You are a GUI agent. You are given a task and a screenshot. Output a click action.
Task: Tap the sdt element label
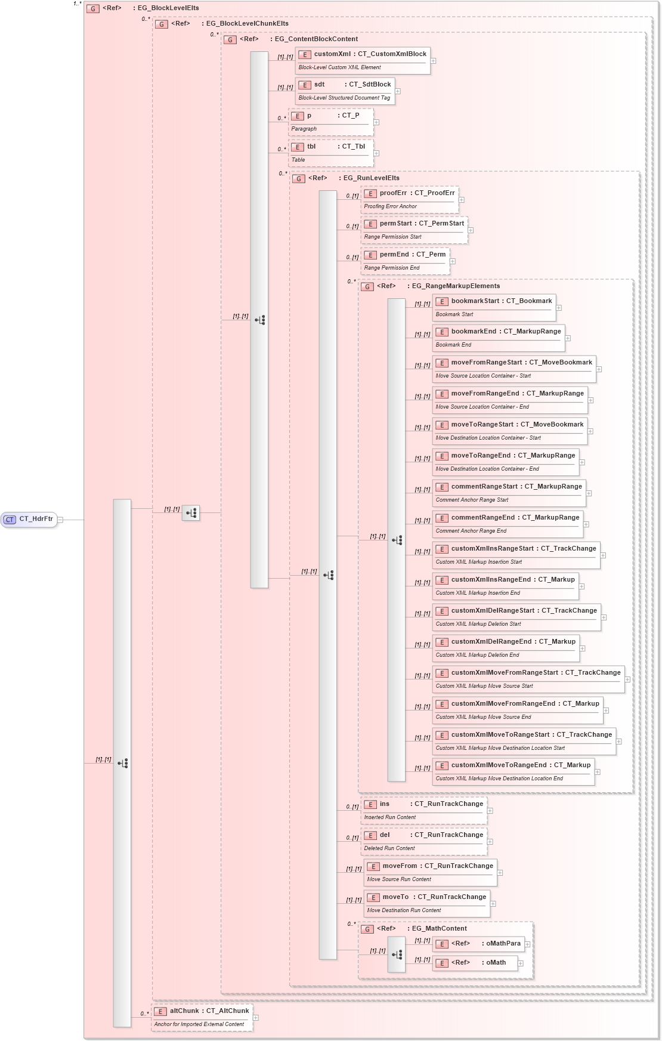coord(320,85)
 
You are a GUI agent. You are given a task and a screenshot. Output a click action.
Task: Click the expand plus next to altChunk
coord(256,1018)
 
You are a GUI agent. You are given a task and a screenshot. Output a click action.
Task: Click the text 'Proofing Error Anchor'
coord(391,206)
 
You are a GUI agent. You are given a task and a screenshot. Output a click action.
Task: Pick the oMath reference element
coord(475,963)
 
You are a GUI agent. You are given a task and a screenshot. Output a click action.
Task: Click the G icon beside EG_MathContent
coord(368,929)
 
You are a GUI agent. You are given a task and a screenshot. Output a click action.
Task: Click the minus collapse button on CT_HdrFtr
coord(60,520)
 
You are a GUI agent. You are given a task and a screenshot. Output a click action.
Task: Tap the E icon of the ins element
coord(371,805)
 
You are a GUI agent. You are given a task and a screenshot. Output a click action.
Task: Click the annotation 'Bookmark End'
coord(453,345)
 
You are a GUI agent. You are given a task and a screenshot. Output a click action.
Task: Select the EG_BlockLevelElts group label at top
coord(168,8)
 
